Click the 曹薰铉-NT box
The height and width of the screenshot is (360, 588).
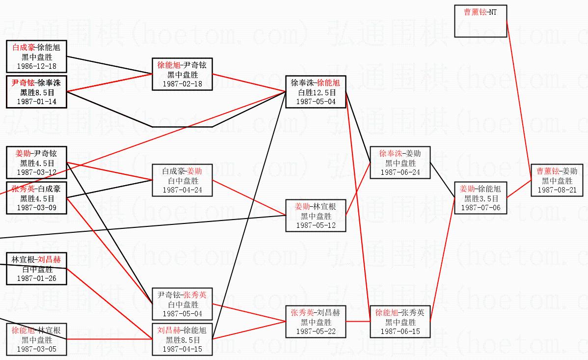480,21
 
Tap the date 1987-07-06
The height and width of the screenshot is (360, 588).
480,207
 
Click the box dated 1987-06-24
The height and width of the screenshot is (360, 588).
400,163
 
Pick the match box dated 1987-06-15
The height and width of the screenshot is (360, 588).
400,322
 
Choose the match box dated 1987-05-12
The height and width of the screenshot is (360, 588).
316,216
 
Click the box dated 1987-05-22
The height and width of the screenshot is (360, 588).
316,322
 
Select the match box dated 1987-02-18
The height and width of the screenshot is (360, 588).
182,74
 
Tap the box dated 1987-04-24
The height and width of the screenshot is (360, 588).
182,180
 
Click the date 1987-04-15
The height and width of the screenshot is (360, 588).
182,349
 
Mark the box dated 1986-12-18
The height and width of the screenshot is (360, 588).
36,56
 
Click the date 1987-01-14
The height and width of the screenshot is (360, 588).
36,101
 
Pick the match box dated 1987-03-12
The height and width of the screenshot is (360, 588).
36,163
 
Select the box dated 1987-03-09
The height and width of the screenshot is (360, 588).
36,198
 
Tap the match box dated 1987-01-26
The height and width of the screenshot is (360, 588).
36,269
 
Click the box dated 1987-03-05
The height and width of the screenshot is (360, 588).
36,339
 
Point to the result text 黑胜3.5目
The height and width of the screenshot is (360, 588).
480,198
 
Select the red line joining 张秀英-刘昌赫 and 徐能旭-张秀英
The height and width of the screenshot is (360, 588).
358,322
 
